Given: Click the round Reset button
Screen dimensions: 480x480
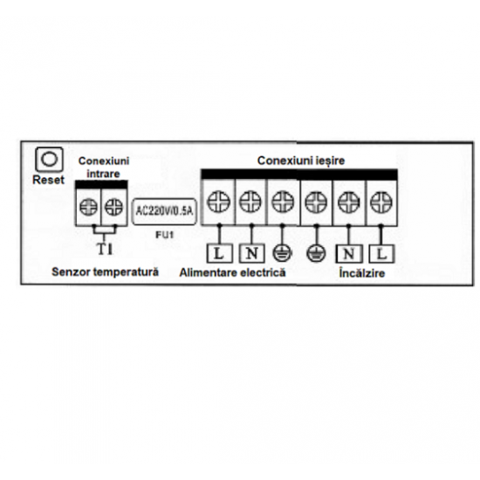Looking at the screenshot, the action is pyautogui.click(x=49, y=159).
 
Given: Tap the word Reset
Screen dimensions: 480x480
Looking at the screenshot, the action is pyautogui.click(x=48, y=180).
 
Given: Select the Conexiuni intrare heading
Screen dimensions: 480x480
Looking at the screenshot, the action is pyautogui.click(x=104, y=168).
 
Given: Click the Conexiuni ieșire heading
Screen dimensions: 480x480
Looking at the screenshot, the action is pyautogui.click(x=301, y=161).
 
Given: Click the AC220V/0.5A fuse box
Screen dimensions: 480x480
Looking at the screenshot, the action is pyautogui.click(x=164, y=211).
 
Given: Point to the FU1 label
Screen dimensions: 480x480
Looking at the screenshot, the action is pyautogui.click(x=165, y=235).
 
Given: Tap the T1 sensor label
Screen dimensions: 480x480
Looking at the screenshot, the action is pyautogui.click(x=105, y=250).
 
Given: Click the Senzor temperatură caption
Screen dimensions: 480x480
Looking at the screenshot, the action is pyautogui.click(x=105, y=271).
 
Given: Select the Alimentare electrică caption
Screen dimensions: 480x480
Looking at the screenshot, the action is pyautogui.click(x=232, y=272).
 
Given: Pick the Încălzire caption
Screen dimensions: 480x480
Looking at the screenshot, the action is pyautogui.click(x=362, y=273).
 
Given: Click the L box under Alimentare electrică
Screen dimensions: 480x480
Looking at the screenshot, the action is pyautogui.click(x=219, y=253).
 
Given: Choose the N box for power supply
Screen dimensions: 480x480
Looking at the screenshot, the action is pyautogui.click(x=251, y=253).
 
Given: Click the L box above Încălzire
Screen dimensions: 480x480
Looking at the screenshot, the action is pyautogui.click(x=381, y=254).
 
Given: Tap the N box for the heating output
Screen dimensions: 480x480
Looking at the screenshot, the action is pyautogui.click(x=349, y=254).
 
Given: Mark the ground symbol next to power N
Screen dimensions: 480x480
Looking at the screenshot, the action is pyautogui.click(x=282, y=253).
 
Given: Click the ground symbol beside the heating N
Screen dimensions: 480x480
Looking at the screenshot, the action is pyautogui.click(x=316, y=254).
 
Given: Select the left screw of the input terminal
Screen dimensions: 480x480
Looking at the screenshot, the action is pyautogui.click(x=88, y=207).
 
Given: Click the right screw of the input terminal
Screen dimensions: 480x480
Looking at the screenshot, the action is pyautogui.click(x=113, y=207).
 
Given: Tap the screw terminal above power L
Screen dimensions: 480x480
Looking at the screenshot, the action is pyautogui.click(x=218, y=202).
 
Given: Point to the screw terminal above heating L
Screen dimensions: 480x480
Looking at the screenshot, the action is pyautogui.click(x=381, y=202).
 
